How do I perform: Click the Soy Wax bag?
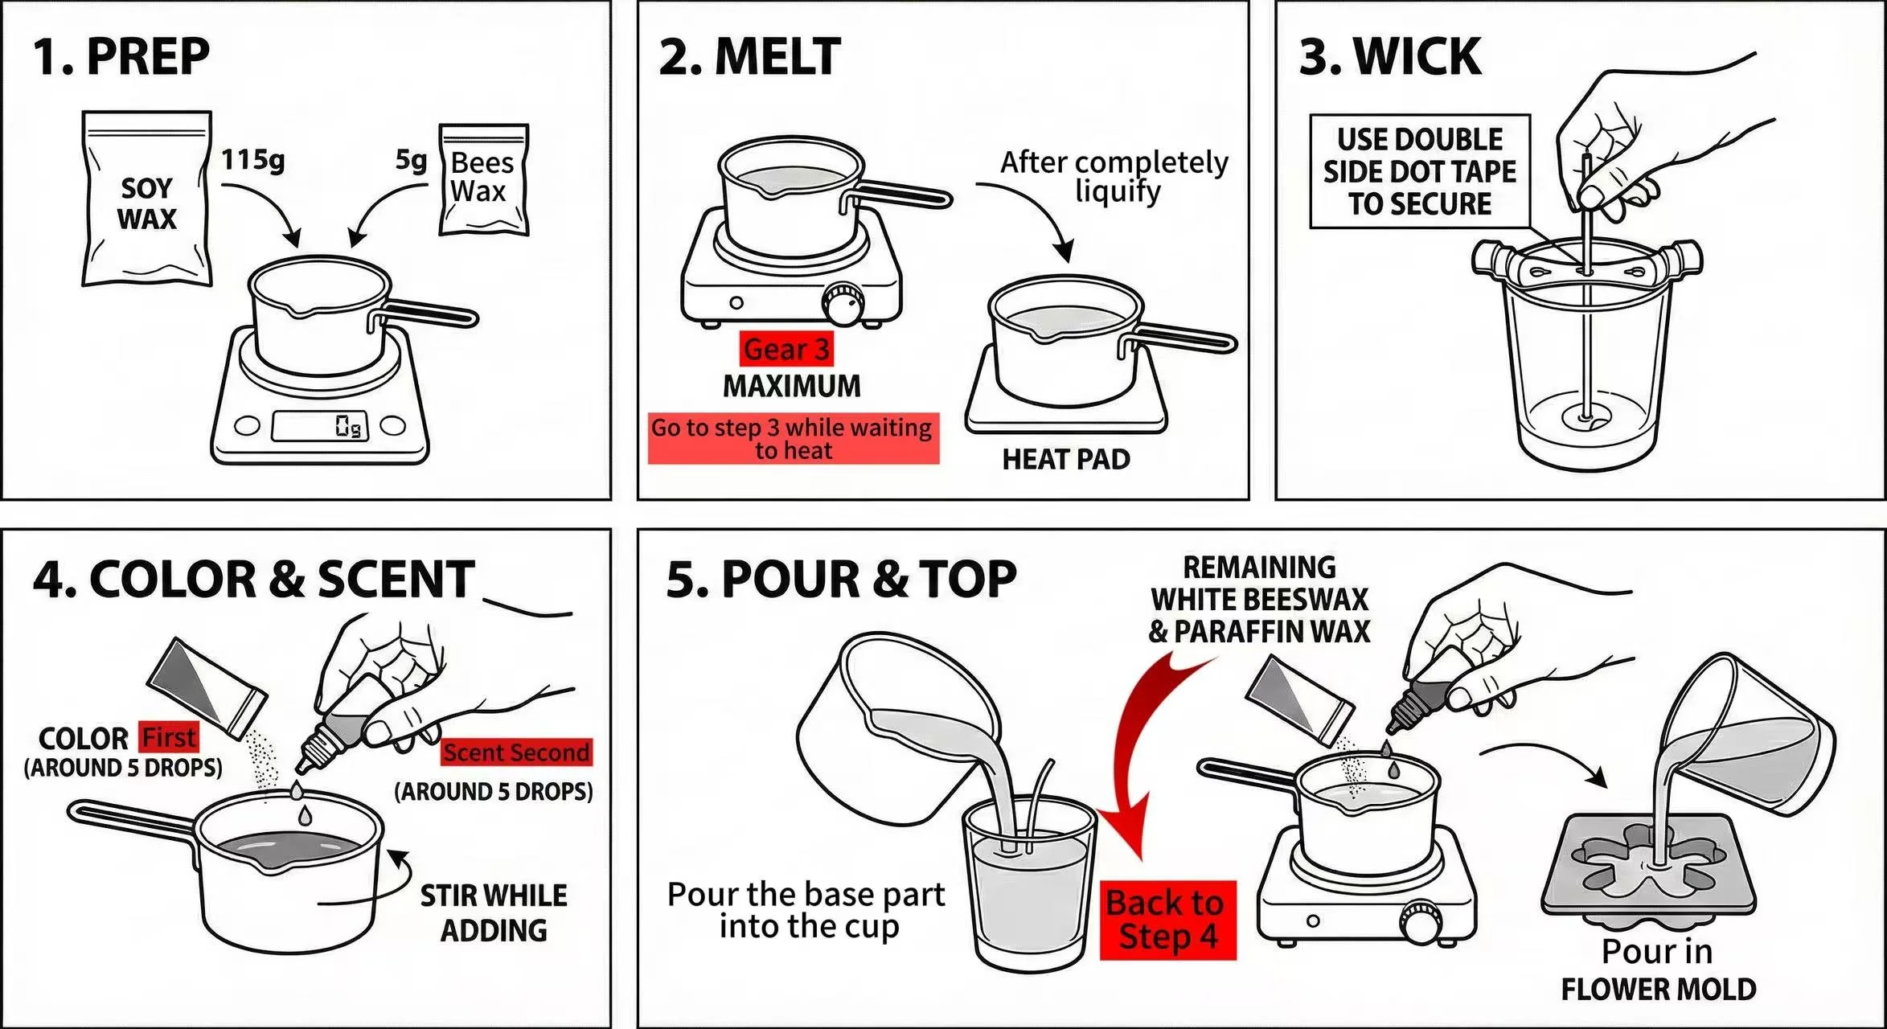click(x=147, y=201)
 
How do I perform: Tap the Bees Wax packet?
click(x=482, y=179)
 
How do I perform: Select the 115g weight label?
click(x=252, y=159)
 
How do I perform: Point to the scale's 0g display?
click(x=320, y=425)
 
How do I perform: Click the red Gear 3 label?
click(x=786, y=349)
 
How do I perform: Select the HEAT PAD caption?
click(x=1065, y=459)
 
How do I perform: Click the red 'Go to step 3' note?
click(x=793, y=439)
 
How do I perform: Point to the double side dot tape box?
click(x=1419, y=171)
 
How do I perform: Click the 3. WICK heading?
click(x=1390, y=56)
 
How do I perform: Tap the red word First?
click(x=168, y=736)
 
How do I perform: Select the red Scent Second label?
click(x=516, y=752)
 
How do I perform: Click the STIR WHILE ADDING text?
click(x=493, y=912)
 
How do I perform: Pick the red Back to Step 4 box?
click(x=1167, y=920)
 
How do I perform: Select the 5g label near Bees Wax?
click(x=411, y=160)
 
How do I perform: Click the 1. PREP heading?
click(x=121, y=56)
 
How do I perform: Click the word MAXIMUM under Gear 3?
click(x=791, y=386)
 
